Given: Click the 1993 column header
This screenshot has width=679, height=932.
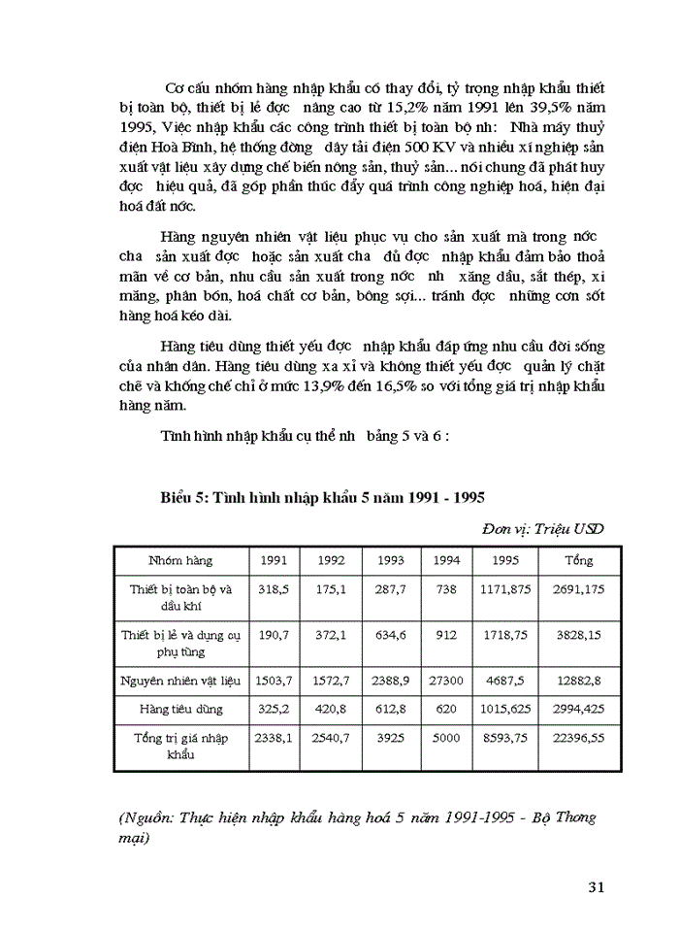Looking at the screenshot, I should coord(391,560).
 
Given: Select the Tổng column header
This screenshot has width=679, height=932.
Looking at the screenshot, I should coord(578,560).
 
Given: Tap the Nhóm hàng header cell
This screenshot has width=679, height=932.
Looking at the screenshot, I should coord(180,560).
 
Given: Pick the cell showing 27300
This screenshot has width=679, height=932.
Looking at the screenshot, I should coord(446,682).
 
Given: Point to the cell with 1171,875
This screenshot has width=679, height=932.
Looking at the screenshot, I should coord(505,588).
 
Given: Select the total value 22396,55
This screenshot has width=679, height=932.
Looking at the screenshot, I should coord(578,738).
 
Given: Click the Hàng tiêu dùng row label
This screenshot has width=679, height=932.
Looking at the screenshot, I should coord(180,710).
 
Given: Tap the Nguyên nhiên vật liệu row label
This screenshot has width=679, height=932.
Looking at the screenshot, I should coord(180,682).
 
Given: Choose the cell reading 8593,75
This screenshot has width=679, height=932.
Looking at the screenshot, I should coord(505,738).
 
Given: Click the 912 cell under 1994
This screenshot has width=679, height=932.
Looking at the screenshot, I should coord(446,635).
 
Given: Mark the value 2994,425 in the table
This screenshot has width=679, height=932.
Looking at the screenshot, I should coord(578,710).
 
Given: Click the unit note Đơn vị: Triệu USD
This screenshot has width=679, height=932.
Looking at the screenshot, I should coord(542,529).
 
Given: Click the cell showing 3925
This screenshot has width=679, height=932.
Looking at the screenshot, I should coord(391,738).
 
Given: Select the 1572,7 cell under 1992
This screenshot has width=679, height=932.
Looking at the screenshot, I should coord(332,682).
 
